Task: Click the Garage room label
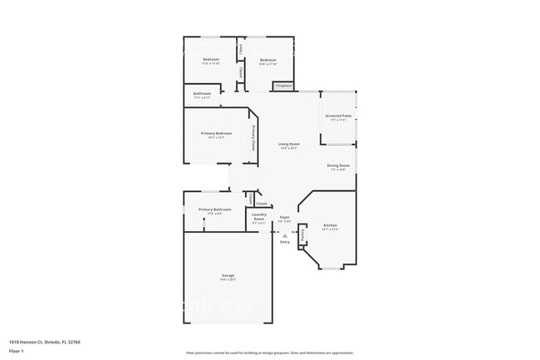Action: coord(228,275)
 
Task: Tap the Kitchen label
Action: coord(330,225)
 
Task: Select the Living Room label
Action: coord(288,144)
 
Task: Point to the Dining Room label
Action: coord(338,165)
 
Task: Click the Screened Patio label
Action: coord(338,116)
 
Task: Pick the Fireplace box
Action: coord(283,86)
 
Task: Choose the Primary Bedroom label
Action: coord(216,133)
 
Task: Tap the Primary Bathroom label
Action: coord(214,210)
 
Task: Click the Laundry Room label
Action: coord(259,216)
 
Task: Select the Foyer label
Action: coord(284,217)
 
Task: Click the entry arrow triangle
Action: coord(285,235)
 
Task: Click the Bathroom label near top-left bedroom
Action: coord(202,94)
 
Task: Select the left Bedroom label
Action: coord(211,60)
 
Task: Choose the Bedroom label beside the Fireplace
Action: coord(268,60)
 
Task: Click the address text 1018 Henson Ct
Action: coord(45,342)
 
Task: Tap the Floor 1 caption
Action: coord(17,352)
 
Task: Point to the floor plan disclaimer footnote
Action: coord(269,353)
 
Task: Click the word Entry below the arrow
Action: coord(285,242)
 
